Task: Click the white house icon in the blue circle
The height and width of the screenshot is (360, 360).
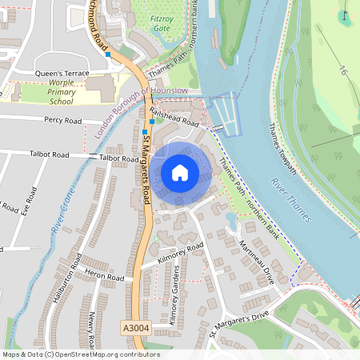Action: tap(180, 173)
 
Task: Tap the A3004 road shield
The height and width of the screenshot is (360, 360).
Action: tap(136, 327)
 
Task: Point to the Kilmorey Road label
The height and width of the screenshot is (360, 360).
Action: tap(181, 254)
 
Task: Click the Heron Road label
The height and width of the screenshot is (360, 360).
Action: tap(105, 277)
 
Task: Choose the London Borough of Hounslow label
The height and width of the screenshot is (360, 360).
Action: tap(141, 112)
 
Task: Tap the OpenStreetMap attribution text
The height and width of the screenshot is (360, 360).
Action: tap(80, 354)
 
